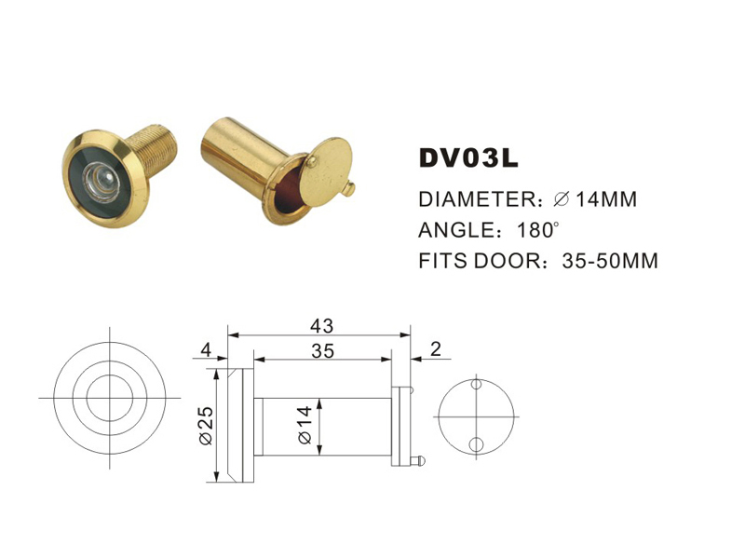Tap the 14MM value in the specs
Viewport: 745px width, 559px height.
605,199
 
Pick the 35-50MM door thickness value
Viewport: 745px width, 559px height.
610,261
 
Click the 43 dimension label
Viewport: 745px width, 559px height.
322,325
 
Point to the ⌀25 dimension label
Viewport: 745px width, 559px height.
207,424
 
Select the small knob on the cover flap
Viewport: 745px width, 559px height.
347,189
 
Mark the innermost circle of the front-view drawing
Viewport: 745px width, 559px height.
110,398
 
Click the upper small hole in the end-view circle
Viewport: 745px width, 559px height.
476,384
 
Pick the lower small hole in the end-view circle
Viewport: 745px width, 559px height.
476,443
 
